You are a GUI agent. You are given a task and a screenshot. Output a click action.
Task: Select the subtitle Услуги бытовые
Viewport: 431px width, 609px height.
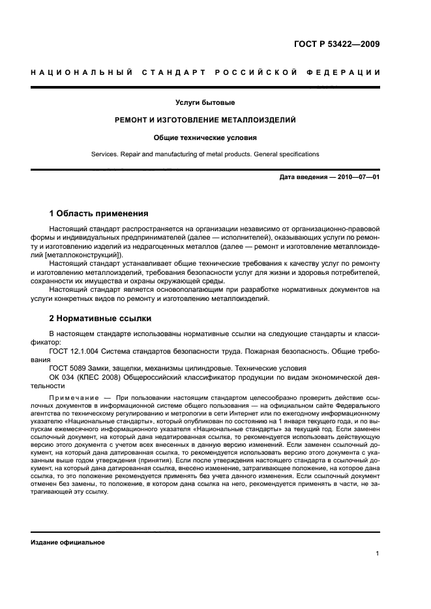(x=205, y=103)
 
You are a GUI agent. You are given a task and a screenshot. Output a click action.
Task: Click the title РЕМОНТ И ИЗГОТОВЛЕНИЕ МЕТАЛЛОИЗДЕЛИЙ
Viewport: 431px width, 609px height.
(x=205, y=120)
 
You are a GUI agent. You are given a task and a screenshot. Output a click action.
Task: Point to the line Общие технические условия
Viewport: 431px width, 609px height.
(x=205, y=137)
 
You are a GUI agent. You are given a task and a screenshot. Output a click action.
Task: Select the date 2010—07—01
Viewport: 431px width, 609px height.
(x=356, y=178)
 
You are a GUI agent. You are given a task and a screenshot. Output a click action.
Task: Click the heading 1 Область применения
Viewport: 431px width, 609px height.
(x=99, y=214)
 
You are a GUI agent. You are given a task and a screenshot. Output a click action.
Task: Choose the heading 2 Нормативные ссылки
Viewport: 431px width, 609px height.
(x=100, y=319)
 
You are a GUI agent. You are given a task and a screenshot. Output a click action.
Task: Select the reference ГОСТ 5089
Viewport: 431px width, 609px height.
(x=67, y=367)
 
